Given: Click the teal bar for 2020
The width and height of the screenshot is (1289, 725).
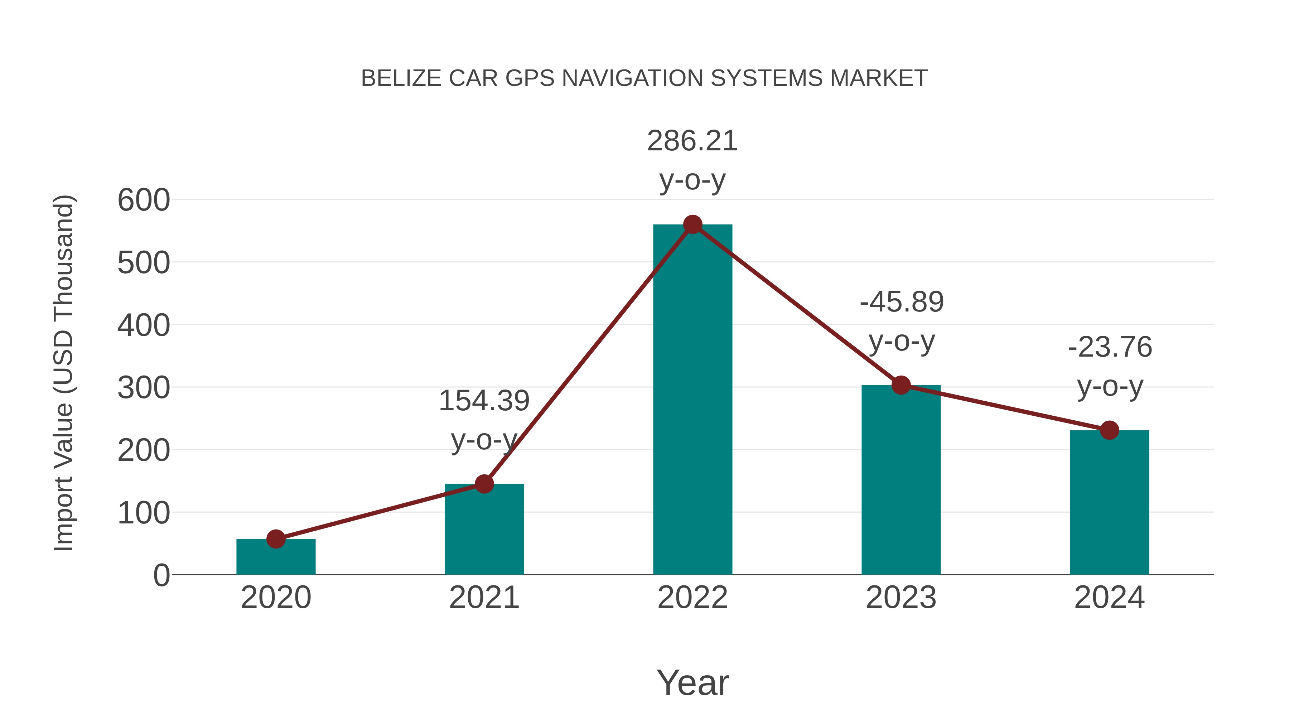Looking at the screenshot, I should (x=276, y=558).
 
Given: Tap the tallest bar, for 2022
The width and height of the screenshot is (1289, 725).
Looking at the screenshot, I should (x=692, y=400).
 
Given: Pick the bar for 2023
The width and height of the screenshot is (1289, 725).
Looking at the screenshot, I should (x=901, y=480).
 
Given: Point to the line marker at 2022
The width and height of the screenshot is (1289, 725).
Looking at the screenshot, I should (x=692, y=224).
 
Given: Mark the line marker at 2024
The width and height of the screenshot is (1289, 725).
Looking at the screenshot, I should (x=1109, y=430).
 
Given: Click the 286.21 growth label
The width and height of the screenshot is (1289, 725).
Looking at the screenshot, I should (x=692, y=141).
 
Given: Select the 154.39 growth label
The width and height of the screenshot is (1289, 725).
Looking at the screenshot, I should (x=484, y=401).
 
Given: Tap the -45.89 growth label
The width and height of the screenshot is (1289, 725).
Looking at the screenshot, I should (x=901, y=302).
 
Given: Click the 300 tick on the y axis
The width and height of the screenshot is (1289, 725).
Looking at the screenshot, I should (x=144, y=388).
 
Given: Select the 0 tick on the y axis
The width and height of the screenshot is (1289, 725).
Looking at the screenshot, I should (x=161, y=575).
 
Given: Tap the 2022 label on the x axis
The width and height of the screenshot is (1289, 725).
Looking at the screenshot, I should (x=692, y=598).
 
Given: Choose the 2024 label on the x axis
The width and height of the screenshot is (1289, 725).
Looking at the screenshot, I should (x=1109, y=598).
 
